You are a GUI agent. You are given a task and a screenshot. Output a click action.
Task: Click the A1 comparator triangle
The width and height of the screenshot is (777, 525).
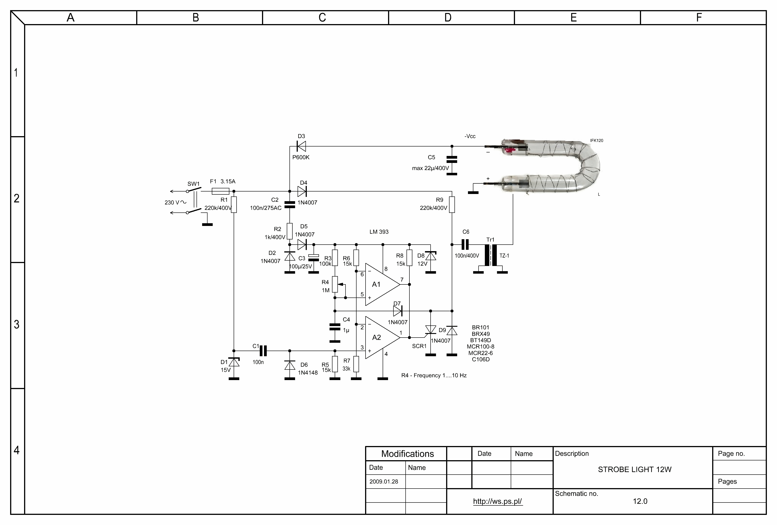tap(381, 284)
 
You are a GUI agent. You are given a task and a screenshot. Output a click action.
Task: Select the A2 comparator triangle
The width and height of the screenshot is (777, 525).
tap(381, 338)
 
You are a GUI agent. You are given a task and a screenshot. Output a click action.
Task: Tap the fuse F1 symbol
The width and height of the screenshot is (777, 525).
tap(220, 191)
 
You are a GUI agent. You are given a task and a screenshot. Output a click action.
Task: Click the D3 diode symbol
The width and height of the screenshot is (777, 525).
tap(301, 146)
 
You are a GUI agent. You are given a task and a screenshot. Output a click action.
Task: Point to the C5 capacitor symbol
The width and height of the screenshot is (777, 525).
tap(452, 159)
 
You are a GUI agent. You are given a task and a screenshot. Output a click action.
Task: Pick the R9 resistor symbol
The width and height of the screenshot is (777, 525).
tap(452, 205)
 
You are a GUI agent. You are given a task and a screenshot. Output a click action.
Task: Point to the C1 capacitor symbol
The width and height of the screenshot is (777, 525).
tap(263, 351)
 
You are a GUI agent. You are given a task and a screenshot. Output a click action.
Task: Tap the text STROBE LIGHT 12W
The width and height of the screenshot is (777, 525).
tap(635, 469)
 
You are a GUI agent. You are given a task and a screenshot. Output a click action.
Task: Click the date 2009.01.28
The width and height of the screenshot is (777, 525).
tap(384, 482)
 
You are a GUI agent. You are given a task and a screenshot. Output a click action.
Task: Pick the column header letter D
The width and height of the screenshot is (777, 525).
tap(448, 17)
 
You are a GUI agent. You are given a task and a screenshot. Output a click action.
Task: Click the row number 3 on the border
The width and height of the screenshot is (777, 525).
tap(16, 324)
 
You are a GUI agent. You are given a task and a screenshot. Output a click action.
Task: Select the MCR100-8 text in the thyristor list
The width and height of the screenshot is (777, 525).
tap(480, 347)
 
